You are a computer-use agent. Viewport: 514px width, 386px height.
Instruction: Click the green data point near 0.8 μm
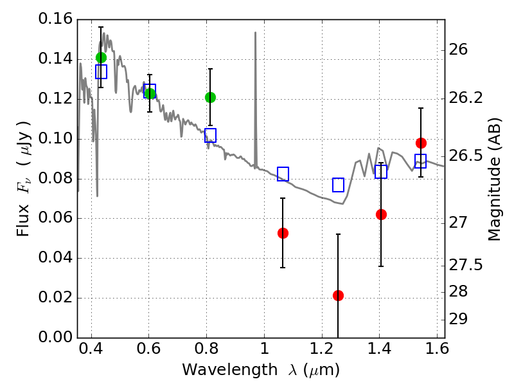click(211, 98)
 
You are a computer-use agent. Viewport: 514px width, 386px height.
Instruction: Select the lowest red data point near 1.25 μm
click(339, 295)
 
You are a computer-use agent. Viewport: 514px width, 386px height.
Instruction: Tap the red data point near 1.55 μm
click(421, 143)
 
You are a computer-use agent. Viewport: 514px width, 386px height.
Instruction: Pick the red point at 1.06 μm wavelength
click(283, 233)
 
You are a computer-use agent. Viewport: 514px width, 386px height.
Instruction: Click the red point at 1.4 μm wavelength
click(381, 215)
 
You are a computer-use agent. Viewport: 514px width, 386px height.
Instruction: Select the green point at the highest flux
click(102, 58)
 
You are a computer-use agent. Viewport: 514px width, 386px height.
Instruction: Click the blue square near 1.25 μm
click(339, 185)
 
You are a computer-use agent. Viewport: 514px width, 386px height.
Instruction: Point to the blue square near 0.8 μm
click(211, 135)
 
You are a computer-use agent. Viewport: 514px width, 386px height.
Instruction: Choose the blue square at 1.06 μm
click(283, 174)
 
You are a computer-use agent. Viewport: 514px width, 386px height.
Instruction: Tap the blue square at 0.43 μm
click(102, 71)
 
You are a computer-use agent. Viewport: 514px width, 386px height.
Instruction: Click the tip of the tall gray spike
click(255, 32)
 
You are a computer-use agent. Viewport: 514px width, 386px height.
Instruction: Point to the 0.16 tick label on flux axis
click(55, 19)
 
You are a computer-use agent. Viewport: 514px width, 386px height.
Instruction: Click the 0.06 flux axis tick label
click(55, 217)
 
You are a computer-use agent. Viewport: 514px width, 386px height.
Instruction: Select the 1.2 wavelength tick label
click(322, 349)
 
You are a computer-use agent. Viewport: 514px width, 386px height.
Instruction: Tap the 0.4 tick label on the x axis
click(91, 349)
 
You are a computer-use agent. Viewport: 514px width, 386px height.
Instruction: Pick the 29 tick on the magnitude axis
click(458, 318)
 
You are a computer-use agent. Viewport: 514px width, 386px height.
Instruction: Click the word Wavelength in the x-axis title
click(230, 370)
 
